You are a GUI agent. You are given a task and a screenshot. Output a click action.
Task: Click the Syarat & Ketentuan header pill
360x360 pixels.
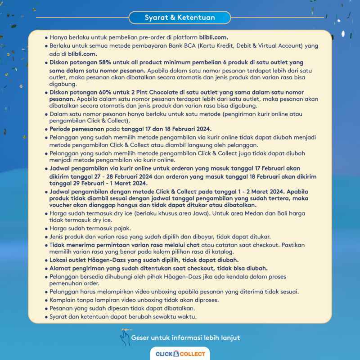[x=180, y=18]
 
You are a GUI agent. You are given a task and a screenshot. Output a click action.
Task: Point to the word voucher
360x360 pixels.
[x=60, y=205]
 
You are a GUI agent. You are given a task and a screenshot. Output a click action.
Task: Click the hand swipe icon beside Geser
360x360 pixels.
[x=125, y=337]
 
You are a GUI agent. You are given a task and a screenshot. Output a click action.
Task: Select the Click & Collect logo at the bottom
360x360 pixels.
[x=180, y=354]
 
